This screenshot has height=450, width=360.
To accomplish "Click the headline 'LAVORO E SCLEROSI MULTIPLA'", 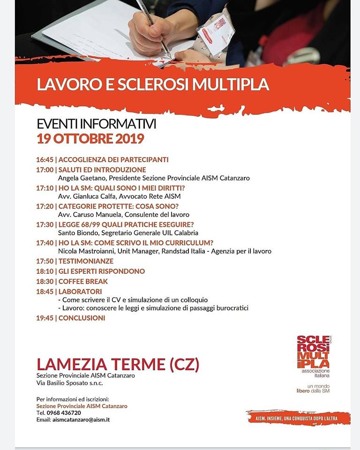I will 153,84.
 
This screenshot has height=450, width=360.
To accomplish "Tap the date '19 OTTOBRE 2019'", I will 90,139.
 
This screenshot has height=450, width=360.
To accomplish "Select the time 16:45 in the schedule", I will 45,159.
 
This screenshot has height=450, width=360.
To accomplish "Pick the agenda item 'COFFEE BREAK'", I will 83,281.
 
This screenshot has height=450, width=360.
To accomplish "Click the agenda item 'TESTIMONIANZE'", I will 86,261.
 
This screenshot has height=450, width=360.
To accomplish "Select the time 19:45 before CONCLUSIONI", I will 45,318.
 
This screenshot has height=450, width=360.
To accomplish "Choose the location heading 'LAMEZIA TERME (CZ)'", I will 118,364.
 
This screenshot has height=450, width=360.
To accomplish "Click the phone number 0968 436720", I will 64,412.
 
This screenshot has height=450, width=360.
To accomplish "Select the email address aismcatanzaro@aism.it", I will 80,420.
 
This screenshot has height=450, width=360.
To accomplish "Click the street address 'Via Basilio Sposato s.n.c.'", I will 69,383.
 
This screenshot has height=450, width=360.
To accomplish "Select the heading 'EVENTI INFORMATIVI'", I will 96,125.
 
